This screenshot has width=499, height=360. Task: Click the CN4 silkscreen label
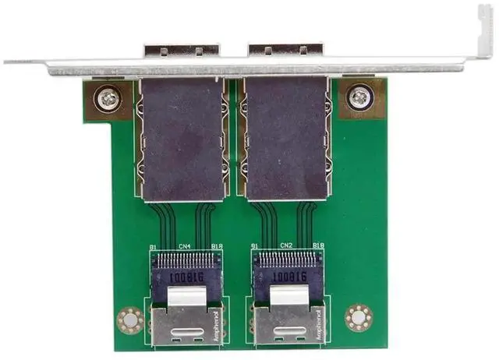tap(185, 247)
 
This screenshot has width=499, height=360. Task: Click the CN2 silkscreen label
tap(285, 247)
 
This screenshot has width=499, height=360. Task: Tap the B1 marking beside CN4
tap(154, 247)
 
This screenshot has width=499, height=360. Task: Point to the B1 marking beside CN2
tap(255, 247)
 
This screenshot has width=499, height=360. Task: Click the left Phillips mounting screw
tap(107, 98)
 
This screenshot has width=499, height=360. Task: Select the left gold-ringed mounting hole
tap(129, 319)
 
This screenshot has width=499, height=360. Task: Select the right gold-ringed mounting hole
tap(358, 317)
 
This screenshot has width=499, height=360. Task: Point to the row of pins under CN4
tap(185, 259)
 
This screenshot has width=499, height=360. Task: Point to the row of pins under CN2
tap(286, 259)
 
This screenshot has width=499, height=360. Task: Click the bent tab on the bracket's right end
tap(483, 31)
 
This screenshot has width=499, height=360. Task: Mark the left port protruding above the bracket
tap(181, 51)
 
